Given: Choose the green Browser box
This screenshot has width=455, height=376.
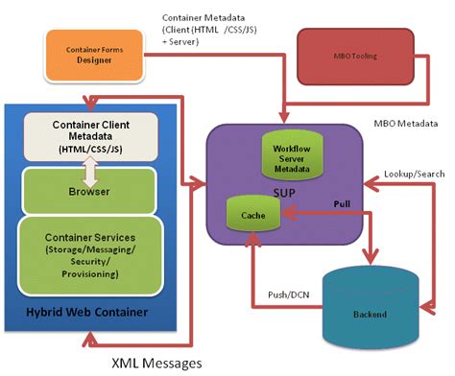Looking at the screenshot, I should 87,191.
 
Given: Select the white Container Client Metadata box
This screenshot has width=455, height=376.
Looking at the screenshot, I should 87,137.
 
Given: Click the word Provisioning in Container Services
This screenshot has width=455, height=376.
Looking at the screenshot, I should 87,274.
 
